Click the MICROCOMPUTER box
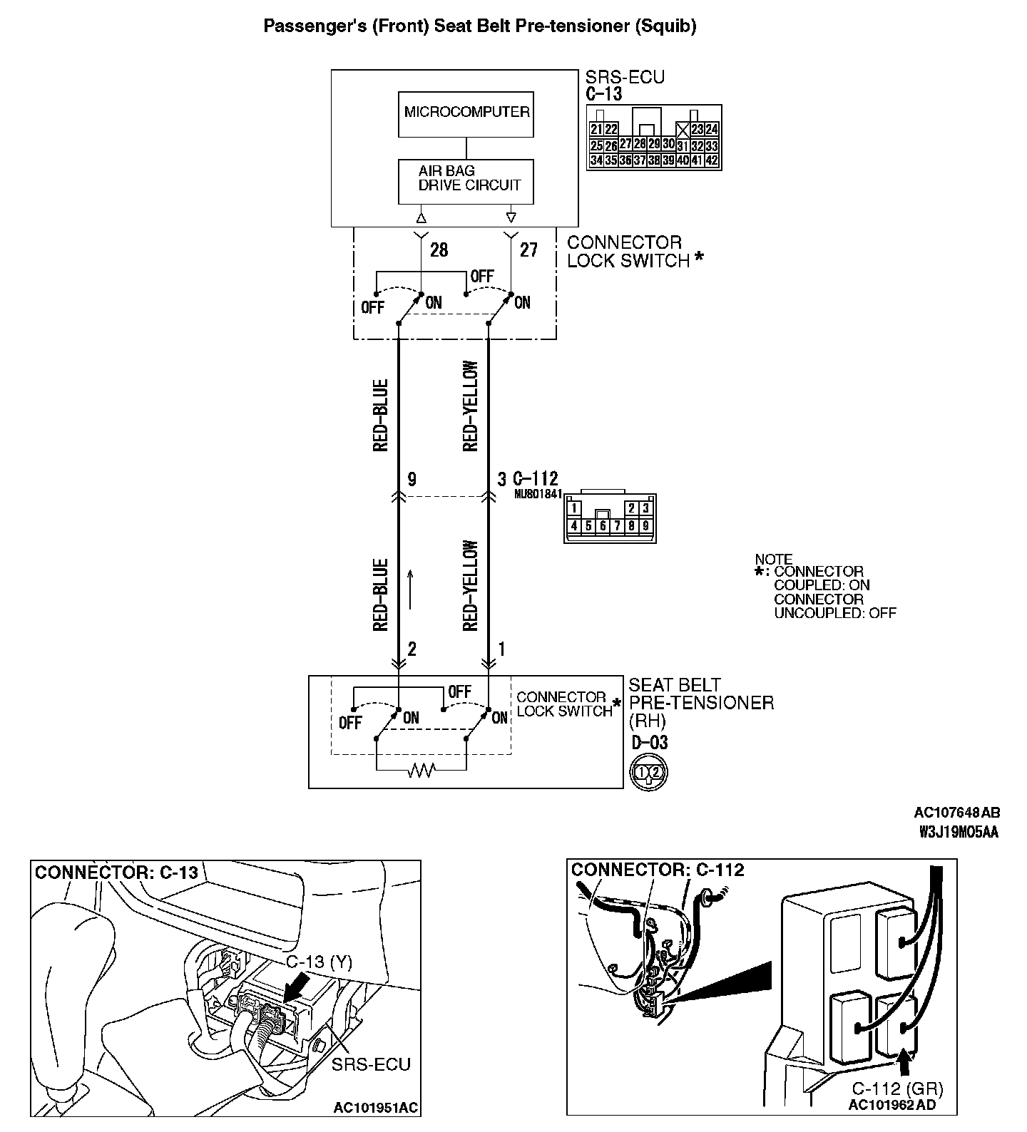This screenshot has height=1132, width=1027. (x=466, y=113)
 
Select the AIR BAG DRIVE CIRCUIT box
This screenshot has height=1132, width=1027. (x=466, y=180)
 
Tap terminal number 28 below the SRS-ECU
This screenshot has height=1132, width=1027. (x=439, y=250)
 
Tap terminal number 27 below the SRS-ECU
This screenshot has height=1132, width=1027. (x=528, y=250)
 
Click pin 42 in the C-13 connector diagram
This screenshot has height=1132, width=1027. (x=711, y=160)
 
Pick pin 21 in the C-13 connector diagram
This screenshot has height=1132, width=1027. (x=597, y=130)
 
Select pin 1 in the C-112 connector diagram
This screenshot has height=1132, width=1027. (x=574, y=509)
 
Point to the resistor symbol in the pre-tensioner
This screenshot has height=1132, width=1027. (x=421, y=770)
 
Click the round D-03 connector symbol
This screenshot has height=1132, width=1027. (x=649, y=772)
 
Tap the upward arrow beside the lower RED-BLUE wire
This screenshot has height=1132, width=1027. (x=412, y=588)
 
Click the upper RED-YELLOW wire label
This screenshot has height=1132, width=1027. (x=471, y=406)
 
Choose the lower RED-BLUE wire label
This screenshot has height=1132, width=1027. (x=380, y=595)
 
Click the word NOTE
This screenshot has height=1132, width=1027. (x=774, y=560)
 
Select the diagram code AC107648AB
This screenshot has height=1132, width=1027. (x=956, y=813)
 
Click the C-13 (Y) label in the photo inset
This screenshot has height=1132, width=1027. (x=320, y=962)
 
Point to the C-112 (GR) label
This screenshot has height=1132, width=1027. (x=897, y=1089)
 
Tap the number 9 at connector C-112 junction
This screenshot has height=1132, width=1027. (x=412, y=480)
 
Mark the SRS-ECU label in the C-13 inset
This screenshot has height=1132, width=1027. (x=371, y=1064)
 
